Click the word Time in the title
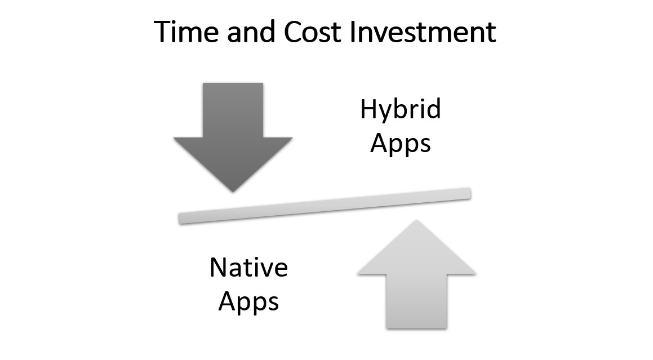point(186,32)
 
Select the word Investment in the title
point(423,32)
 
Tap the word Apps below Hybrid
point(401,144)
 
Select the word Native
point(248,268)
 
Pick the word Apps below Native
point(248,302)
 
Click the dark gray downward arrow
point(233,137)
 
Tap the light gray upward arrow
point(416,274)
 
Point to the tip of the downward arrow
point(233,192)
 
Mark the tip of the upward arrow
point(416,220)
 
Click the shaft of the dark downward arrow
point(233,110)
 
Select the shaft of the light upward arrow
point(416,301)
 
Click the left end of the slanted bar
point(180,219)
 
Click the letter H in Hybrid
point(368,109)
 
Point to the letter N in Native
point(218,268)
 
